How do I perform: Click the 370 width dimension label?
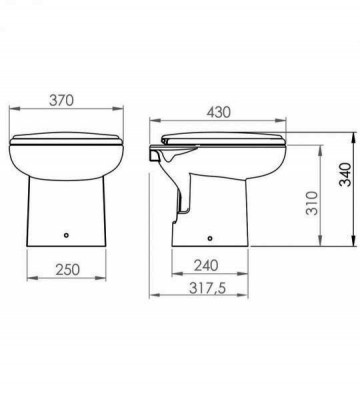coord(61,100)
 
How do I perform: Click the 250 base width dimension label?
coord(68,269)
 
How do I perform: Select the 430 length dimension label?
coord(218,112)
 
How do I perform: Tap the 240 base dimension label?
coord(206,265)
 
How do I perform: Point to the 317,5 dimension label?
coord(207,288)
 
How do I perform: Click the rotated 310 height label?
coord(312,203)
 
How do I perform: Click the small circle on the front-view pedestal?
coord(66,235)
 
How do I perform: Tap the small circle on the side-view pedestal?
coord(210,238)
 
